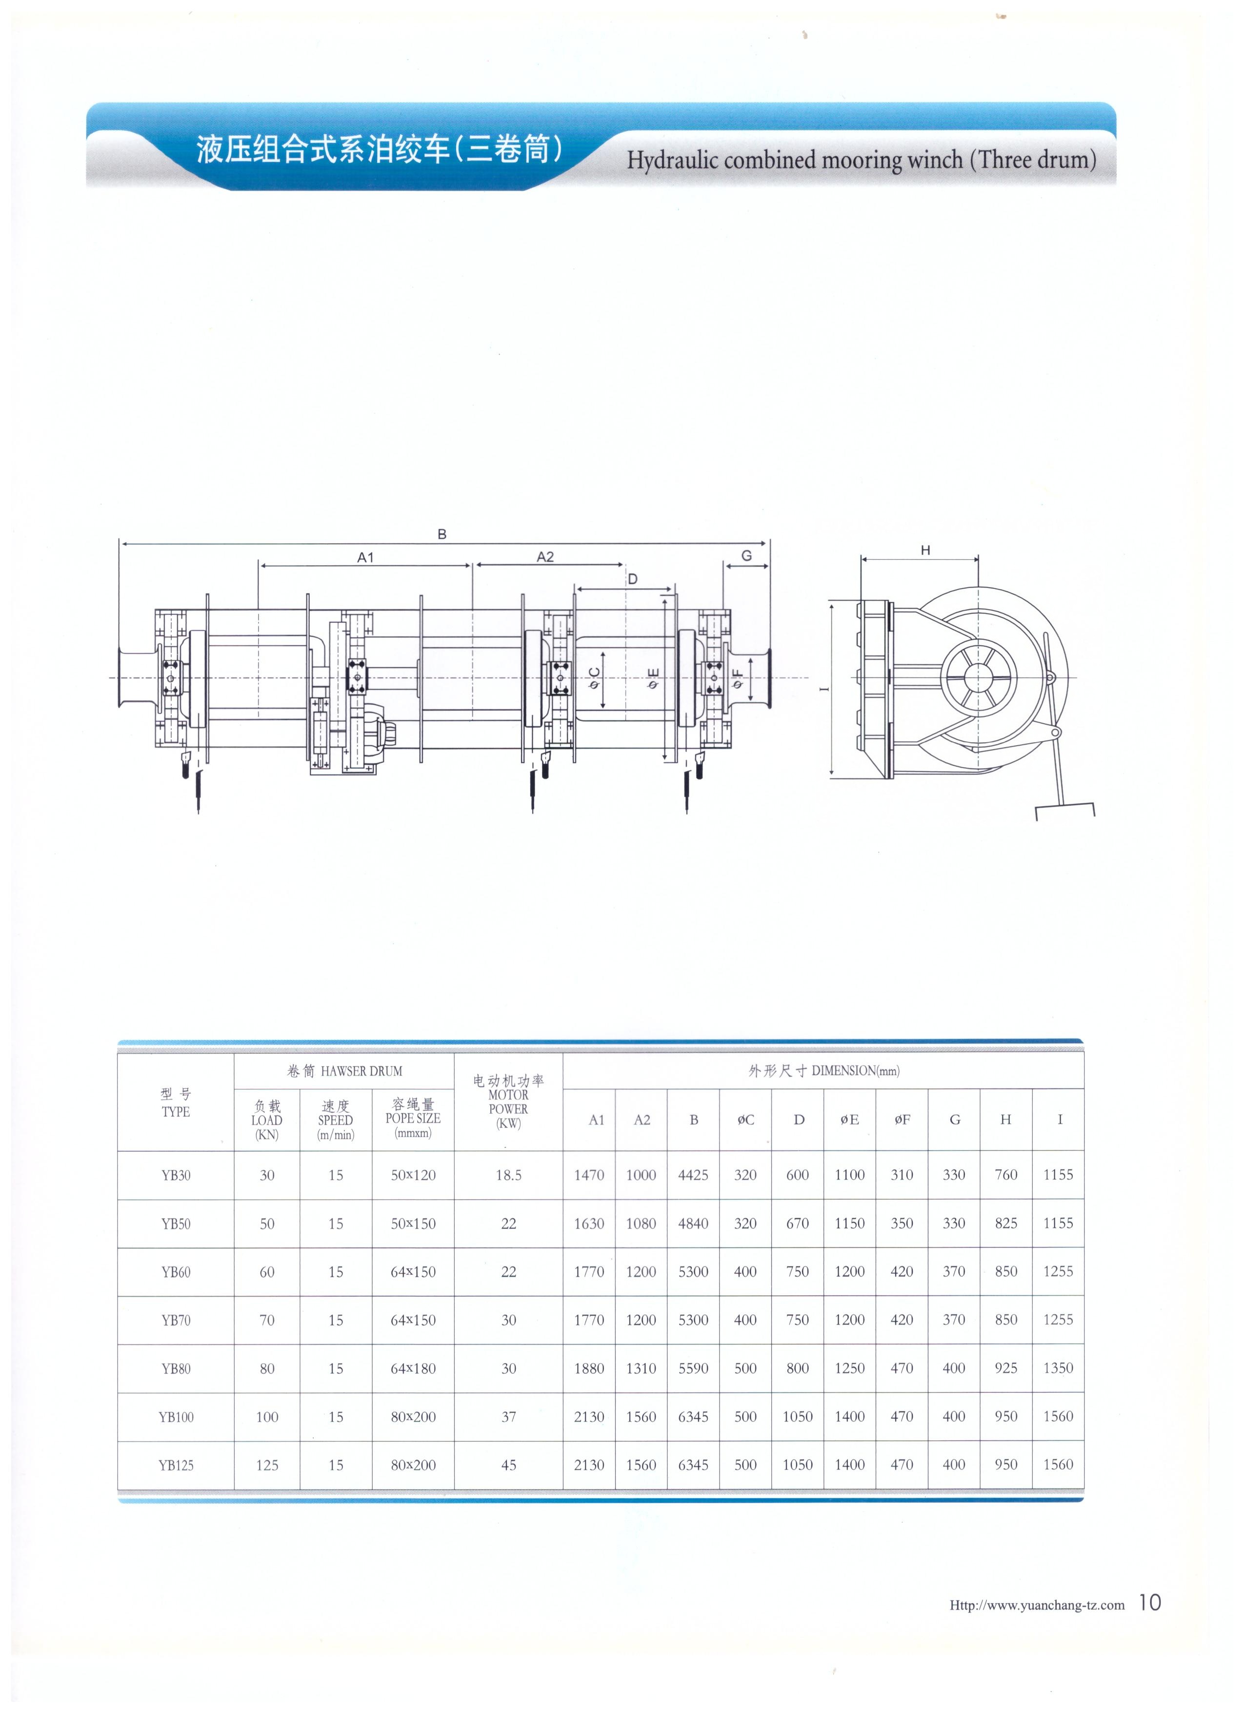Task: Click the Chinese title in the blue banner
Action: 380,149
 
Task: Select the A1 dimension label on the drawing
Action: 365,557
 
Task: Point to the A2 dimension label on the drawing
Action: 545,557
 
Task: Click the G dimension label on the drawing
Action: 747,556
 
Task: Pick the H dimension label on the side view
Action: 925,551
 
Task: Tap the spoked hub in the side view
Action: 978,677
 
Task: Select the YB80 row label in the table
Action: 176,1368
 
